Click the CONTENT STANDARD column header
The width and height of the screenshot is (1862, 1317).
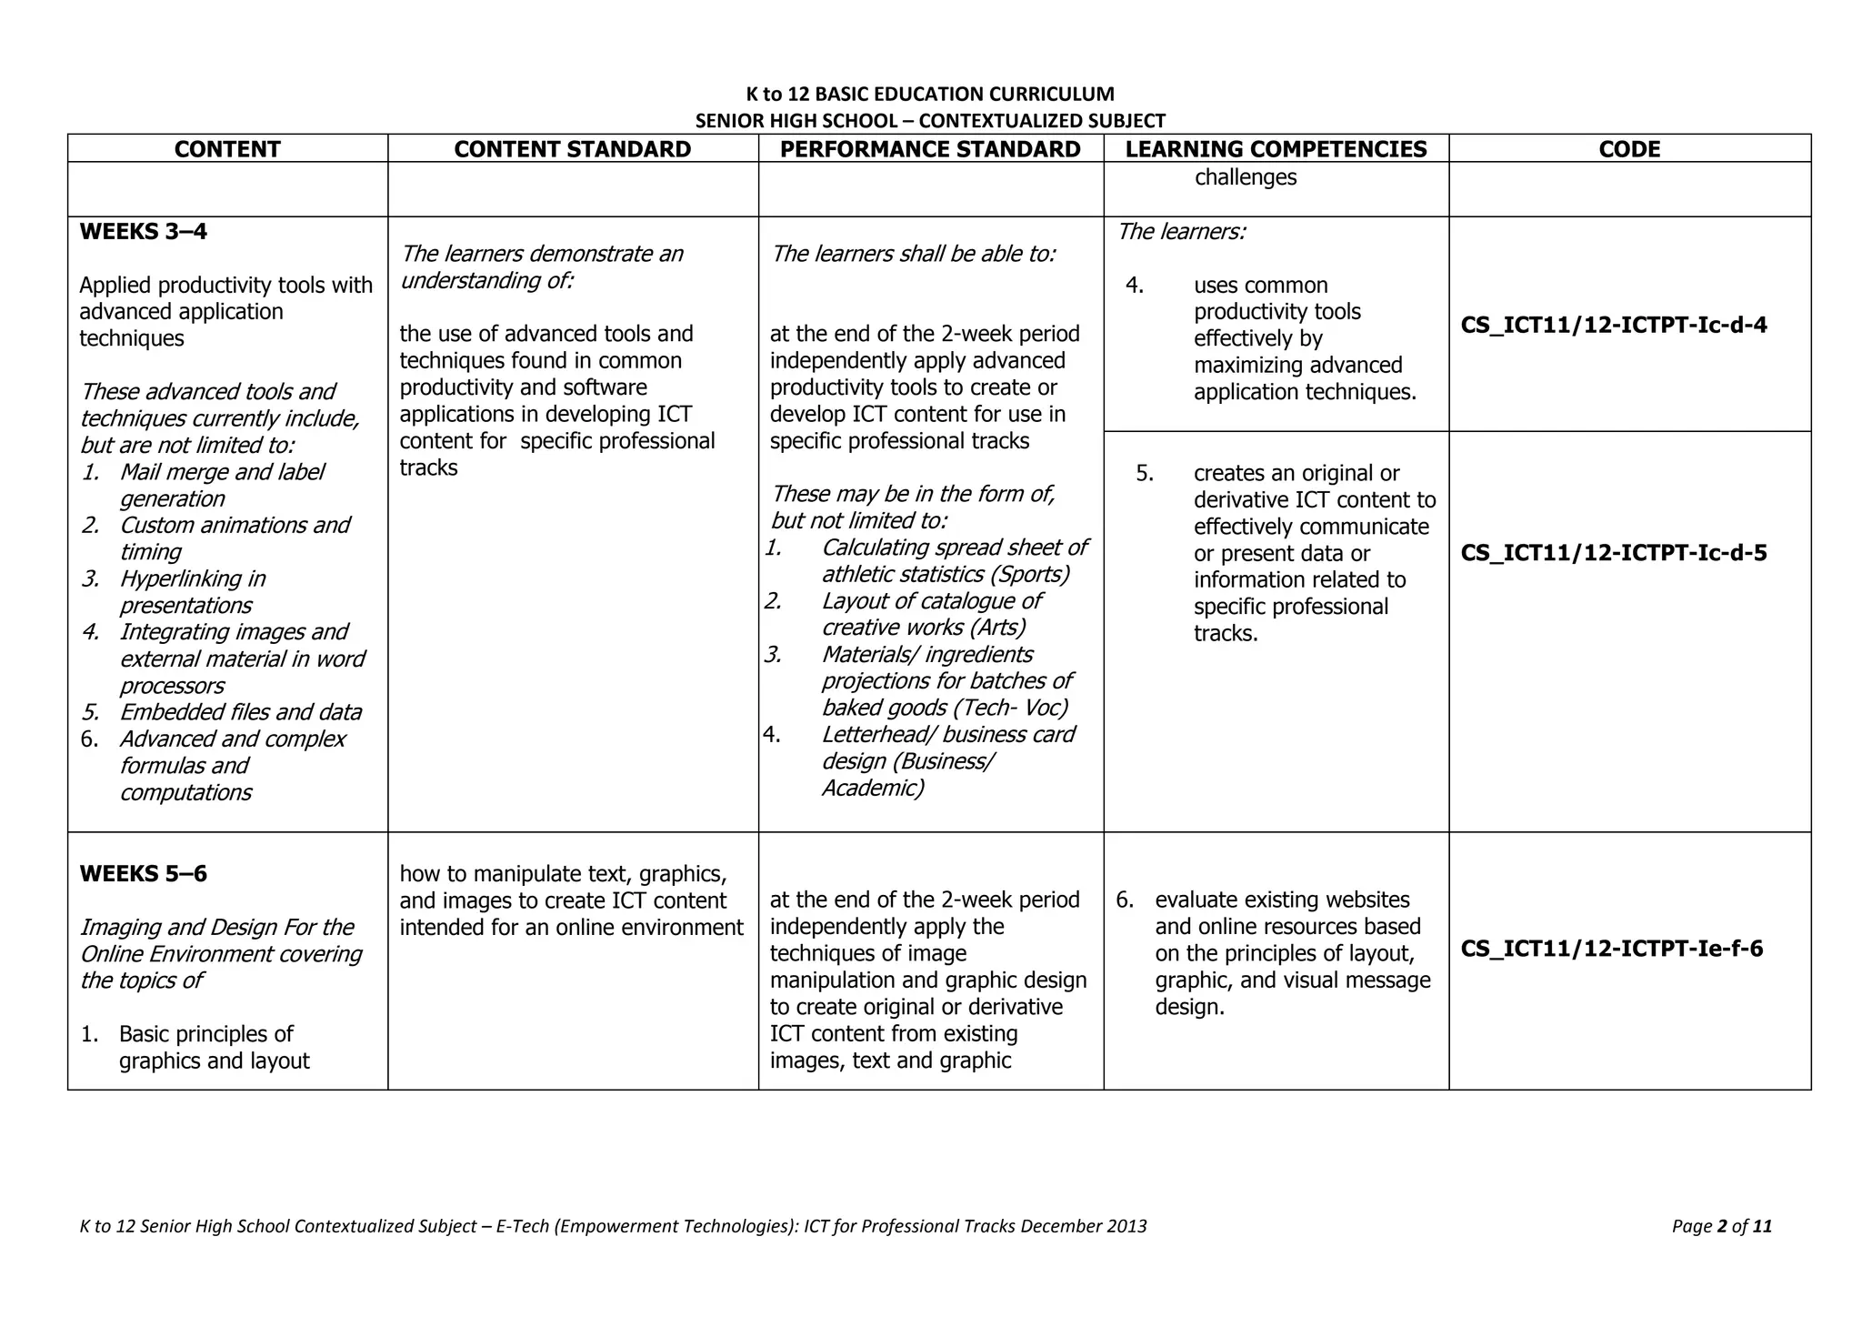point(572,149)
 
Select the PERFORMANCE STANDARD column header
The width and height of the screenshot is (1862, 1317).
point(930,149)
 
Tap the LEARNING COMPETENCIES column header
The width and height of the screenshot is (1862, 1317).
point(1276,149)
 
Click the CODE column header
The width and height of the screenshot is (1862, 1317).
point(1629,149)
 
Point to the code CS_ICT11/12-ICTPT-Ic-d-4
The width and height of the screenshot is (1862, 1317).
point(1614,326)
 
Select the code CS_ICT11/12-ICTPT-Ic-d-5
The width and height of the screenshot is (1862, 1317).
point(1614,553)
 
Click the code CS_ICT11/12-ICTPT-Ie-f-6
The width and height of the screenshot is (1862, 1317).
point(1611,949)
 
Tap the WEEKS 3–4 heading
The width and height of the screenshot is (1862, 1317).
point(144,231)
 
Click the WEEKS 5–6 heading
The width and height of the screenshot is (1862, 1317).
point(144,874)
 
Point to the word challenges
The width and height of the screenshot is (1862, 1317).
point(1245,177)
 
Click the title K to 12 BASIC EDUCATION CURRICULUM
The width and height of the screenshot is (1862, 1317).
point(930,94)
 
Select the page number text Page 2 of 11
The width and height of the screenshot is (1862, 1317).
point(1721,1226)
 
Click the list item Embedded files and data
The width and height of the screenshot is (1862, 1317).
point(240,712)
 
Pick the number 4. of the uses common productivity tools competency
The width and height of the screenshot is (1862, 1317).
point(1134,286)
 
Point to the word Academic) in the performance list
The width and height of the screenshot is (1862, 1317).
point(872,788)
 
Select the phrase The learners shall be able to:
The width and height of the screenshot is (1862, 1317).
point(913,254)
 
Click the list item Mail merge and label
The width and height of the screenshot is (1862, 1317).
point(221,472)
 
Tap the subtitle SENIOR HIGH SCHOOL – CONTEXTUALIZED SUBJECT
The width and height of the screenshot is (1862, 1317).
point(930,121)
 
